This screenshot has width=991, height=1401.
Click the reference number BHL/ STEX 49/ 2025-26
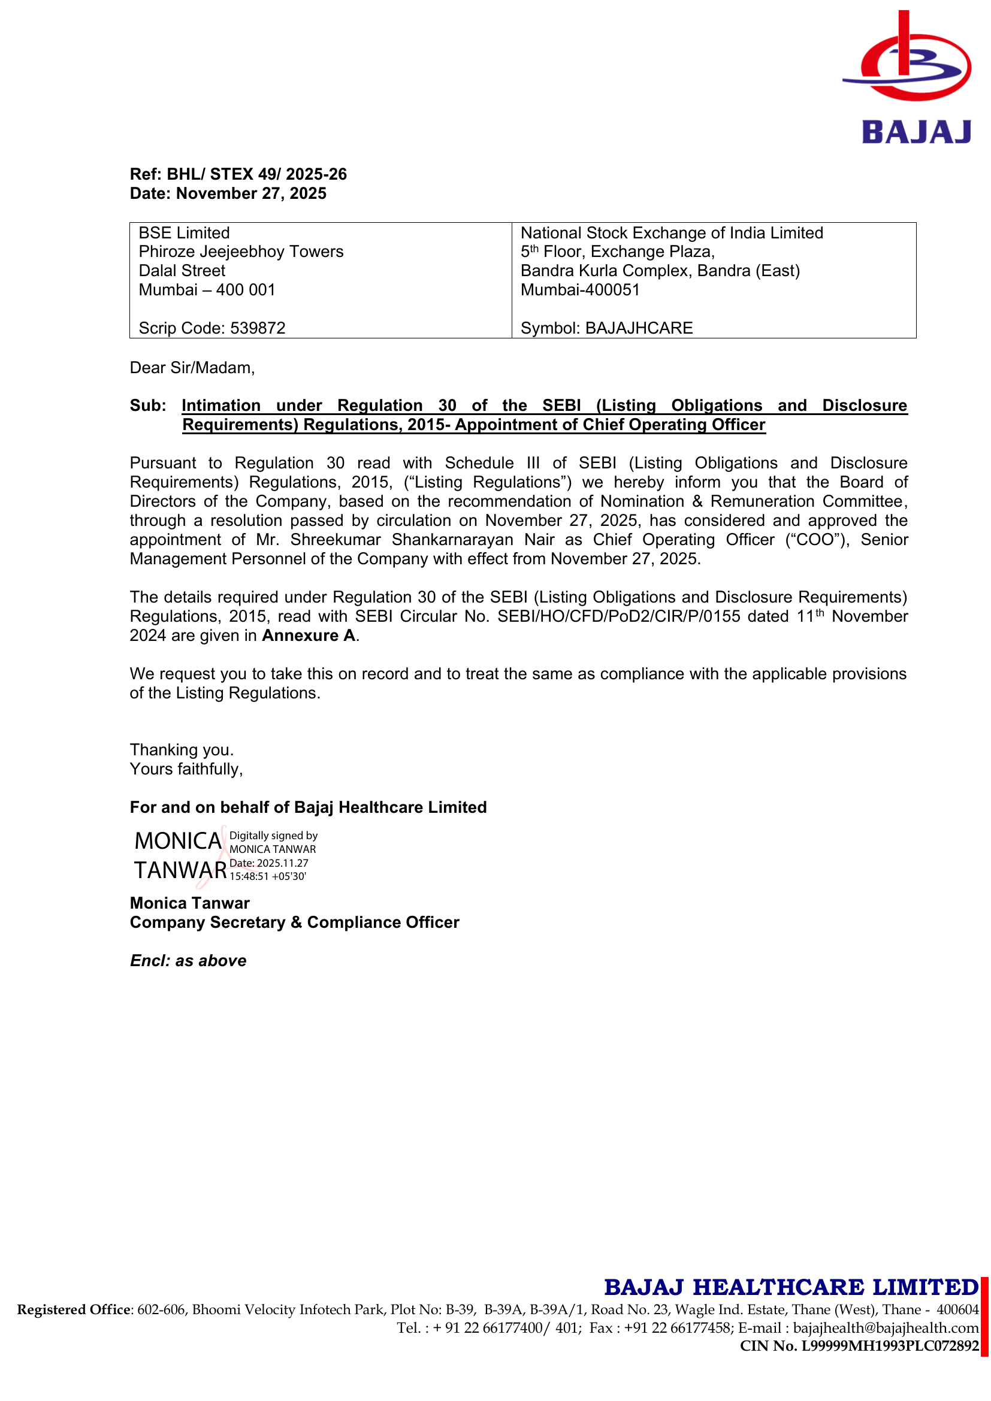tap(257, 174)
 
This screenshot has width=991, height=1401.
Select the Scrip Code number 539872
tap(258, 328)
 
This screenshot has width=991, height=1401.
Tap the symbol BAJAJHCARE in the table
tap(639, 328)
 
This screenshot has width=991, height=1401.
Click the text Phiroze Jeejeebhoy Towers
tap(241, 252)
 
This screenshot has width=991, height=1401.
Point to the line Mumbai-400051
tap(580, 290)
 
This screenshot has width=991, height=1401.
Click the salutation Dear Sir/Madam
tap(192, 368)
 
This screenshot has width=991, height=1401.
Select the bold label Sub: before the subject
tap(147, 406)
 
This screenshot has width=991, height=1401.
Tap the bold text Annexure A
tap(309, 636)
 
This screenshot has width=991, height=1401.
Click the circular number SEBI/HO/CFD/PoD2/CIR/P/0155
tap(618, 617)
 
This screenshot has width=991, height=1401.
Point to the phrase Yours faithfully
tap(186, 770)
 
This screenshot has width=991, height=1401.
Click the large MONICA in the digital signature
tap(177, 842)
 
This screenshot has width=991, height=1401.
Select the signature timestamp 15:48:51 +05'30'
tap(268, 877)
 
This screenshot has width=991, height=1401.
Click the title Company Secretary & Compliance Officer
tap(294, 922)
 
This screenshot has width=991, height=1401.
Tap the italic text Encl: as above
tap(188, 961)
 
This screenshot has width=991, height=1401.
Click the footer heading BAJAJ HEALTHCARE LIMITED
tap(791, 1288)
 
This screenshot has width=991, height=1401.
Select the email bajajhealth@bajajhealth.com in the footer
tap(886, 1329)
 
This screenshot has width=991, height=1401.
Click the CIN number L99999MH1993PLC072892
tap(890, 1346)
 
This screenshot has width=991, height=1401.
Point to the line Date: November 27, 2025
tap(228, 193)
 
